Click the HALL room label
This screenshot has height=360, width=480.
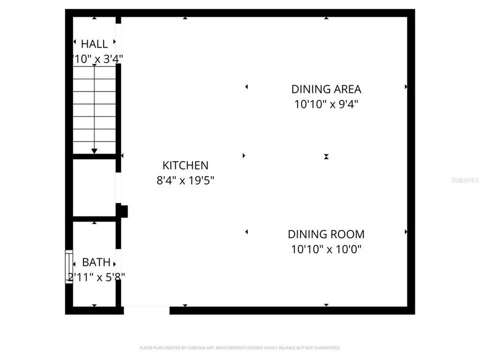94,44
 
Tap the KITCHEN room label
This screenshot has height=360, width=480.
185,165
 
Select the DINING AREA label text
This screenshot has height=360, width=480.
326,89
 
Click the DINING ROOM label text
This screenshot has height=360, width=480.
326,234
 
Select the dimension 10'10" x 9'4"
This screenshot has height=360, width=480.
326,104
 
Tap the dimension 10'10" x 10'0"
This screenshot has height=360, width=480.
326,249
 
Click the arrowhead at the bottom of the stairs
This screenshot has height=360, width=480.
94,150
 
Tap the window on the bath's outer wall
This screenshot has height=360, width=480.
69,266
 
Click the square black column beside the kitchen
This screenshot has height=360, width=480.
123,211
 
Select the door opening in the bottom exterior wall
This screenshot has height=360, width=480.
146,310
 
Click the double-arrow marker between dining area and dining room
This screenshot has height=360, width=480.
326,156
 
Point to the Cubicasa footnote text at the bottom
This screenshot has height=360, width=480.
240,347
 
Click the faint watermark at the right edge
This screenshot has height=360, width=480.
465,179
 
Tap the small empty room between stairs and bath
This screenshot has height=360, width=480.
94,188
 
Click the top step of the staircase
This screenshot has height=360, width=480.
94,72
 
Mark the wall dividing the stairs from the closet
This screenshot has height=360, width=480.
94,156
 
